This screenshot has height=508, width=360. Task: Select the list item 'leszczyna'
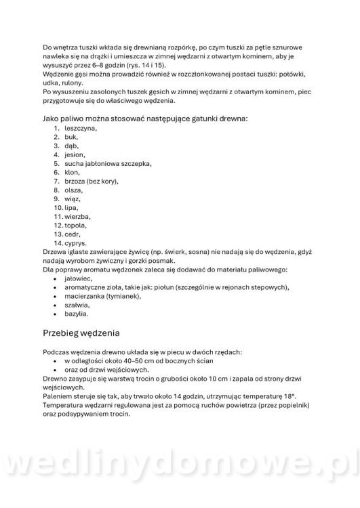pyautogui.click(x=80, y=127)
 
